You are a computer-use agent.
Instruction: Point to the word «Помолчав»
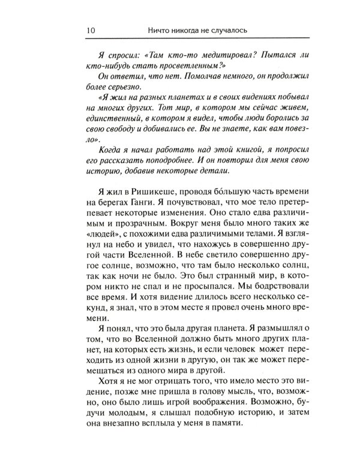[x=173, y=82]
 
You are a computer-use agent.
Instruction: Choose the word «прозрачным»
[x=133, y=245]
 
